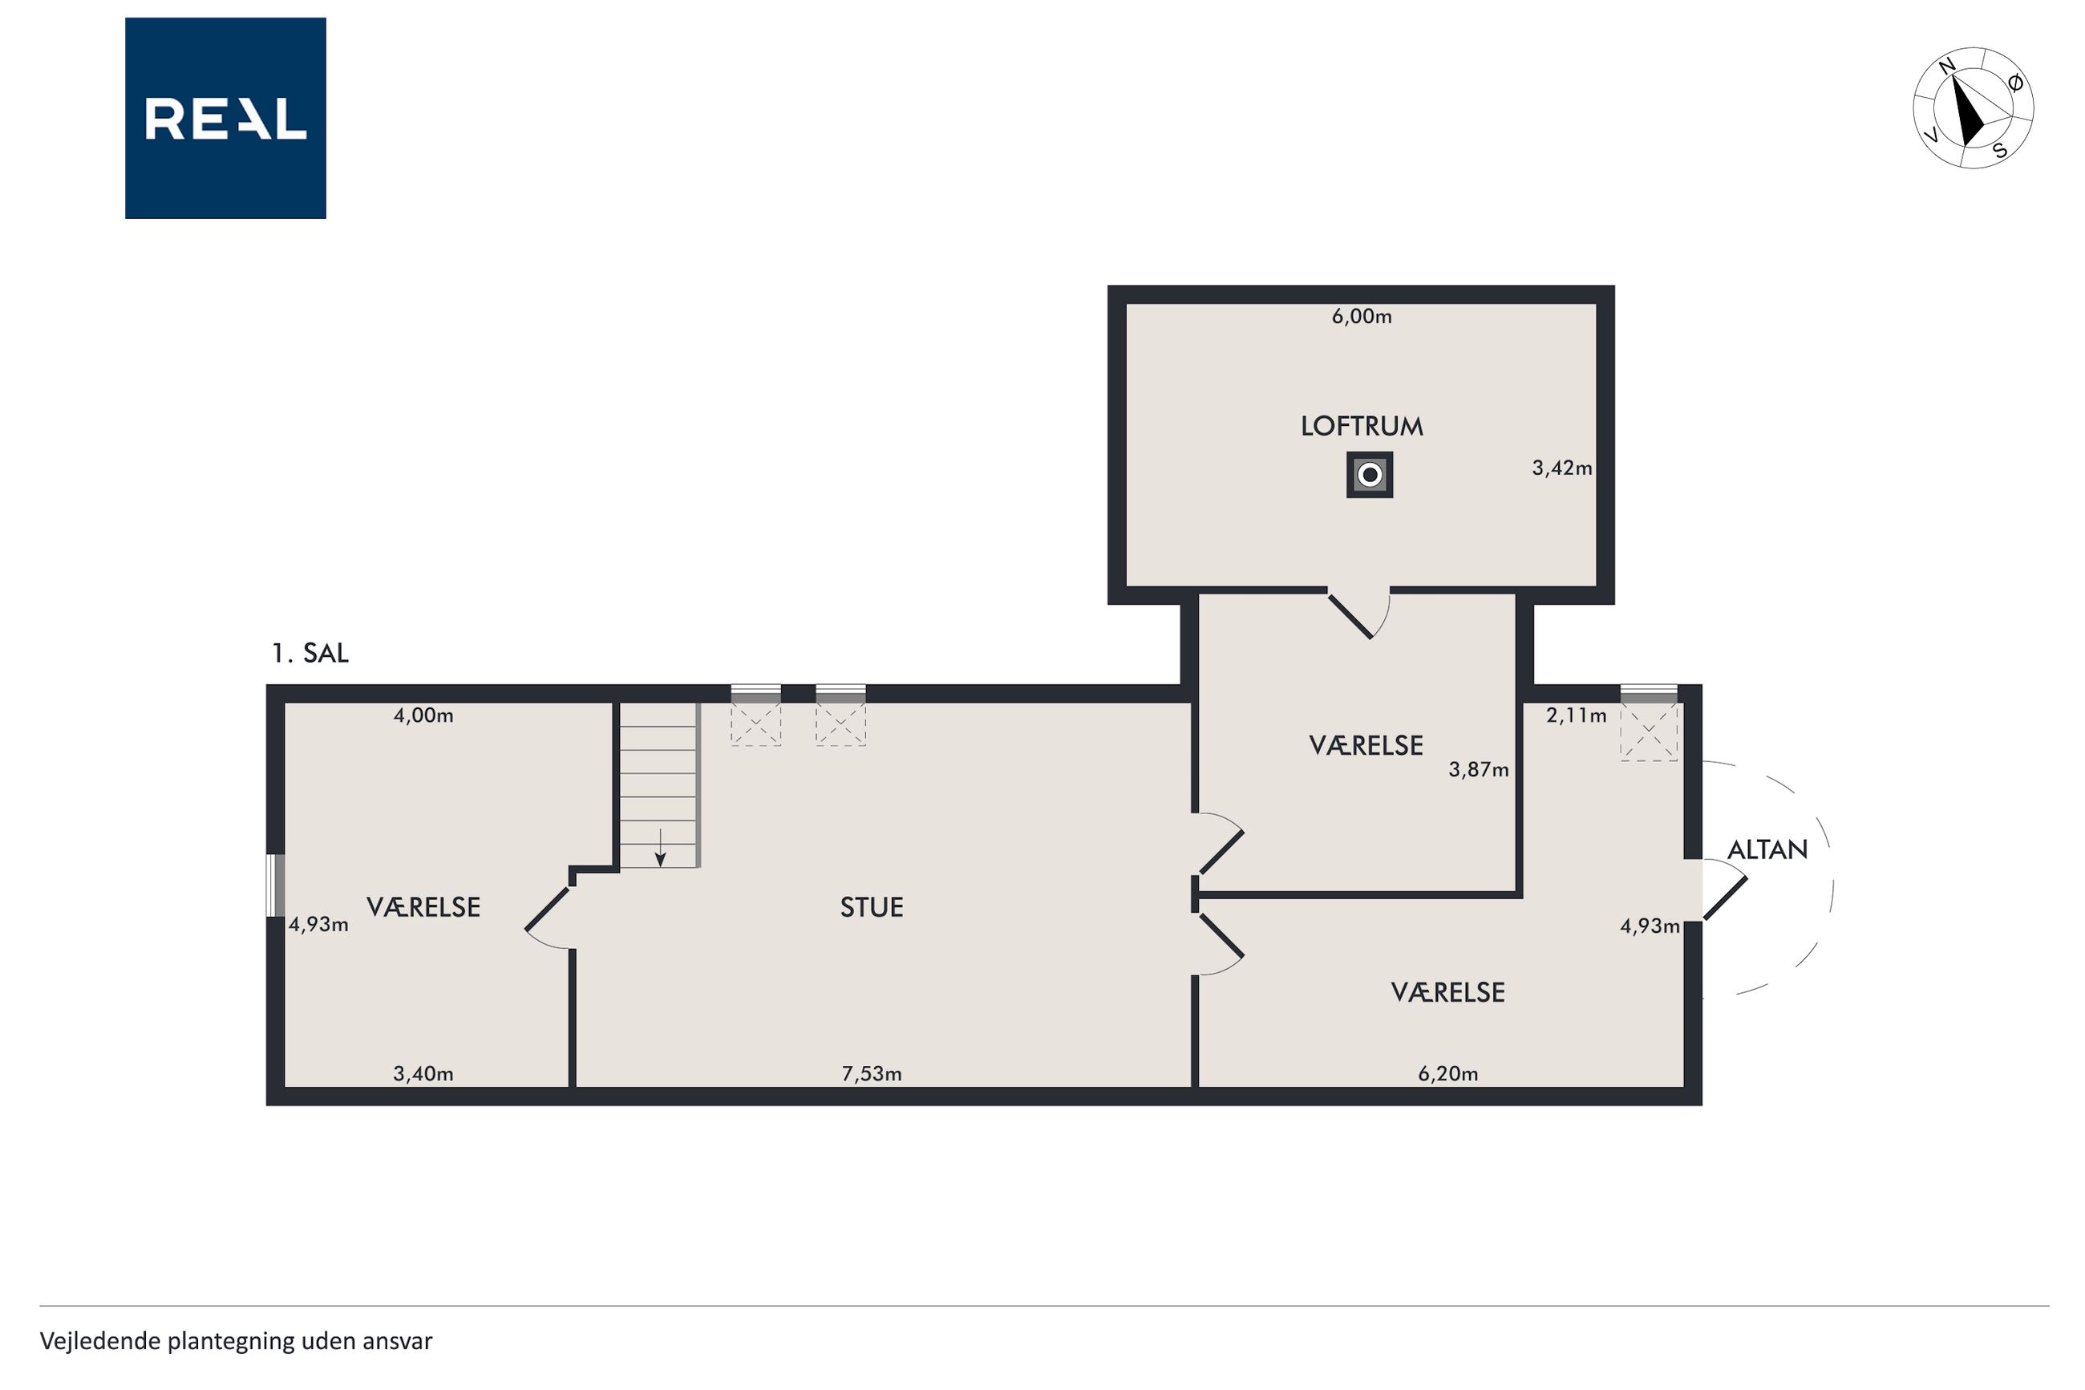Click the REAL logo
[225, 118]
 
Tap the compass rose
[1973, 108]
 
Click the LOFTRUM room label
[1361, 427]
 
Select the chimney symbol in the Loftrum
[1369, 475]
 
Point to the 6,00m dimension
[1361, 317]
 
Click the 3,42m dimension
[1561, 468]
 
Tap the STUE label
[871, 907]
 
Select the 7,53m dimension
[871, 1075]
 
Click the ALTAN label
[1767, 850]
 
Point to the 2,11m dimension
[1576, 715]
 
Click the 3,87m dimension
[1478, 769]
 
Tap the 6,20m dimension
[1448, 1075]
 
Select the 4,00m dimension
[423, 715]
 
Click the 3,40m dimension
[423, 1075]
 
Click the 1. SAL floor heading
[310, 654]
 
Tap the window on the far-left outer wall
[276, 885]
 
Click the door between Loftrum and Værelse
[1359, 613]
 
